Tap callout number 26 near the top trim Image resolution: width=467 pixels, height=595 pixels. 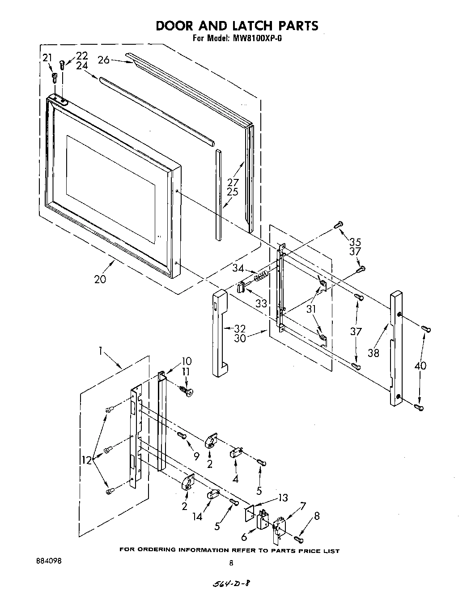coord(104,59)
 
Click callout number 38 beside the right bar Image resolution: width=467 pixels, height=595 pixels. coord(374,353)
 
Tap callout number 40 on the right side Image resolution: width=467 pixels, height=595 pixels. coord(420,365)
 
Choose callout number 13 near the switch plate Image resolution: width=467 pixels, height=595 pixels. coord(283,498)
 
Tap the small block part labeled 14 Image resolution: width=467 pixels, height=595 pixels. coord(212,494)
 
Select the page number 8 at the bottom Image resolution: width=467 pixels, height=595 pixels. coord(231,563)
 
